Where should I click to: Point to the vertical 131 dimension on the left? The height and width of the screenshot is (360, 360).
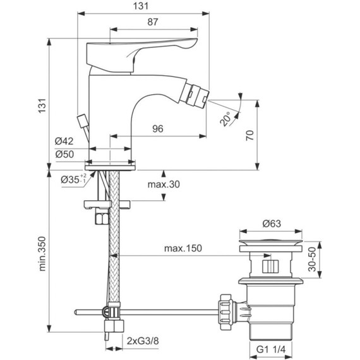pos(42,104)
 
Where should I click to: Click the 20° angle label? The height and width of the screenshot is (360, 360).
pos(225,117)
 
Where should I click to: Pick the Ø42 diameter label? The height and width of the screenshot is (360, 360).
pos(65,141)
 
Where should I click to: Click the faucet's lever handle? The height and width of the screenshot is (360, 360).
pos(152,48)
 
